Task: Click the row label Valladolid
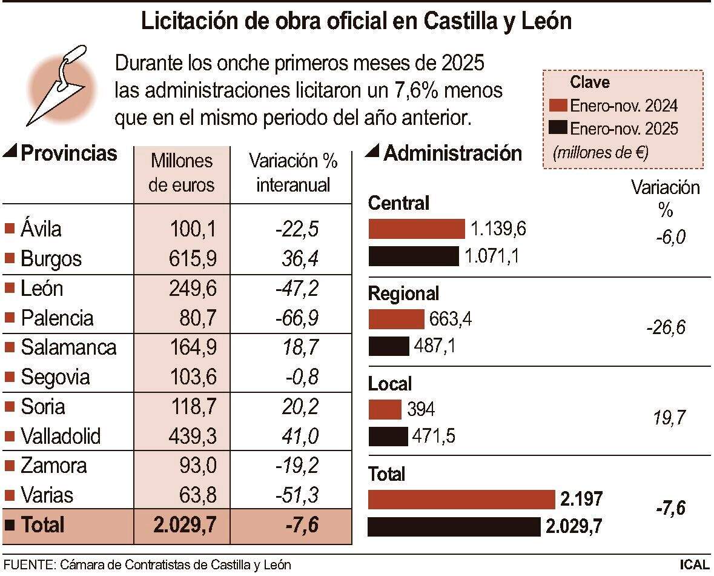[x=61, y=436]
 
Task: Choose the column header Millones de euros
[x=182, y=173]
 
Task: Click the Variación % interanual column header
[x=293, y=173]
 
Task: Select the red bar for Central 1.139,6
[x=416, y=229]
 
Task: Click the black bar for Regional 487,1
[x=389, y=346]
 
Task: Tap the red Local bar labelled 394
[x=385, y=409]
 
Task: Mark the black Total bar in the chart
[x=454, y=526]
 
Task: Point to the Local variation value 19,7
[x=670, y=418]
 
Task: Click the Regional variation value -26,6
[x=666, y=328]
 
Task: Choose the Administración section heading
[x=452, y=153]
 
